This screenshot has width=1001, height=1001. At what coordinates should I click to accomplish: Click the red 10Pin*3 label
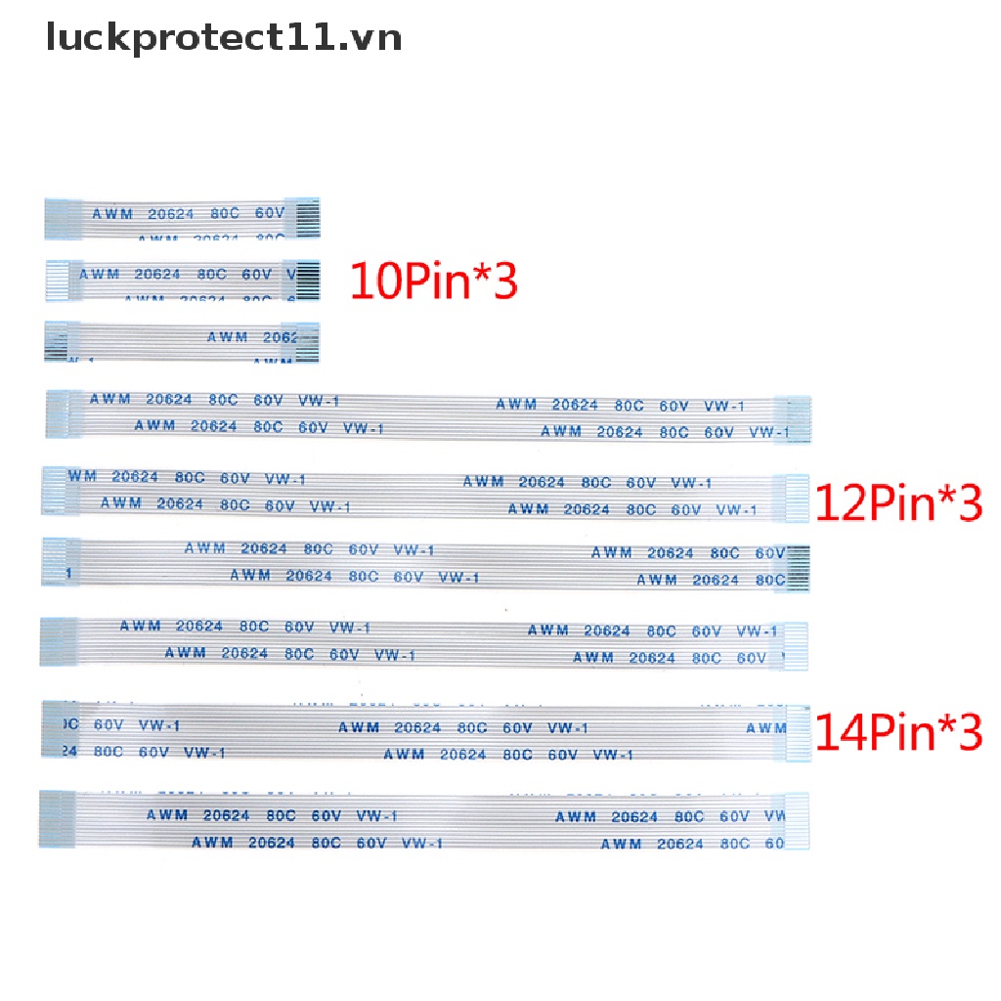click(x=433, y=282)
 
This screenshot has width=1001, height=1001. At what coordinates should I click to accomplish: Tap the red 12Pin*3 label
click(x=897, y=503)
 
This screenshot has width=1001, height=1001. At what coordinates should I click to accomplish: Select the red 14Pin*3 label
click(x=897, y=732)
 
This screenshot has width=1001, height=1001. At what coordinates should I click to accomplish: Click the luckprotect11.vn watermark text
click(x=224, y=38)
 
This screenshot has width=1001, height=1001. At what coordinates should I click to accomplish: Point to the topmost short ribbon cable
click(x=182, y=219)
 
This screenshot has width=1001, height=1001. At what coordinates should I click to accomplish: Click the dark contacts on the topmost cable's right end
click(x=306, y=219)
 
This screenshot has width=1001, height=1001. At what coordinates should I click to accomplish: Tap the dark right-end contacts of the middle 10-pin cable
click(x=306, y=280)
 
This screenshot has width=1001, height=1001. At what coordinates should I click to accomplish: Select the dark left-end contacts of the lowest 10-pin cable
click(x=56, y=341)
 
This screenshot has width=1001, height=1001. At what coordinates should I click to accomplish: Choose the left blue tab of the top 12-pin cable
click(x=57, y=413)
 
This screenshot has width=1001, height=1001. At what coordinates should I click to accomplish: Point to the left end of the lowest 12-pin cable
click(x=55, y=561)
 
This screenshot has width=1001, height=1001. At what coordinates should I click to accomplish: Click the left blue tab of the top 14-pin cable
click(x=55, y=639)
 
